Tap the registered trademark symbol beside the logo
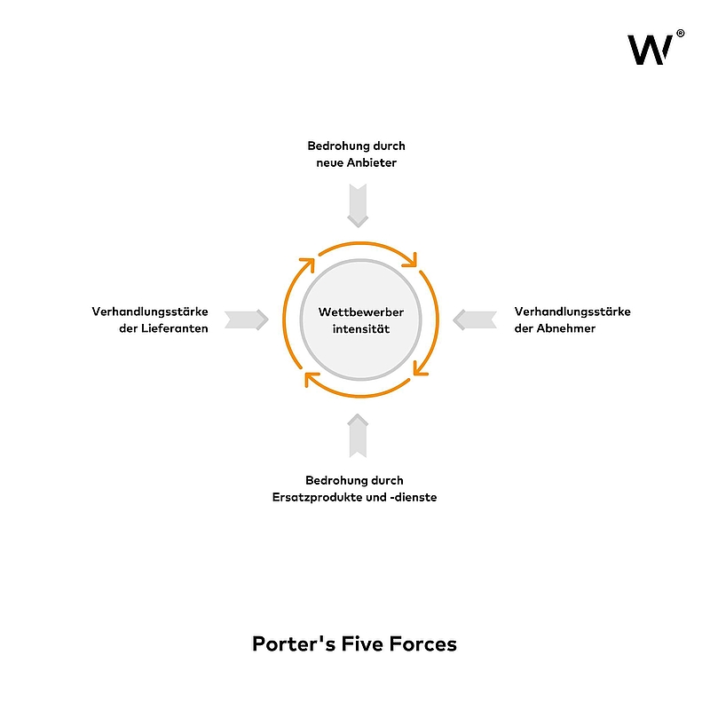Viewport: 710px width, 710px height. click(x=680, y=33)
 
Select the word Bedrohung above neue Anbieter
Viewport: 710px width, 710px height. click(x=337, y=146)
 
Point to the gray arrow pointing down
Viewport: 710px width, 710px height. click(x=358, y=206)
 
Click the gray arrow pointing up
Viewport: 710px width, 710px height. click(x=358, y=436)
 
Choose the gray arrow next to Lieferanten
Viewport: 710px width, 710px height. click(x=247, y=319)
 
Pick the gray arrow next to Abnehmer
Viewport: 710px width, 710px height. click(x=475, y=319)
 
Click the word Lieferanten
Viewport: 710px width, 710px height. click(x=174, y=328)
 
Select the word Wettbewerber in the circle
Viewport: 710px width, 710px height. click(x=361, y=312)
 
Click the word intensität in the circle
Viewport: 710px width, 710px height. click(x=361, y=329)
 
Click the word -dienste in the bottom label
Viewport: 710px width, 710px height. click(x=413, y=497)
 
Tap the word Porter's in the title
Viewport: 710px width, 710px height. click(x=294, y=644)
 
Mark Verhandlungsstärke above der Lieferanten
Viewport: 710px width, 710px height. click(x=150, y=312)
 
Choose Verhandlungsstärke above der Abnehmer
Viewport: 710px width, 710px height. click(x=572, y=312)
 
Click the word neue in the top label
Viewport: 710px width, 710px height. click(x=329, y=163)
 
